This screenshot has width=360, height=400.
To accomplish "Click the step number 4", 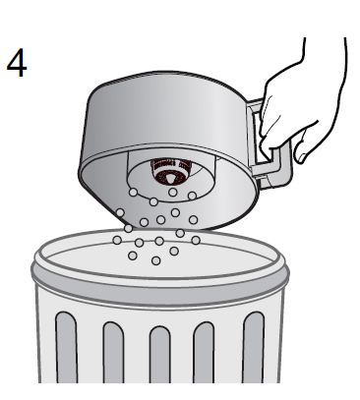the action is pos(17,63).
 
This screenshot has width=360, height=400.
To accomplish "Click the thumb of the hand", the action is pos(304,145).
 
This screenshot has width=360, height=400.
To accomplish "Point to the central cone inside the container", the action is pos(169,178).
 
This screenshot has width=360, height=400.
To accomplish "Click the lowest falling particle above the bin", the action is pos(156,260).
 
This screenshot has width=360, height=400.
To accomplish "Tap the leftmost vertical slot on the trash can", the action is pos(67,347).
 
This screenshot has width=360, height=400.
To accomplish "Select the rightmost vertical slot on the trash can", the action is pos(254,347).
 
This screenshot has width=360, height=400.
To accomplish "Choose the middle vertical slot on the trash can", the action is pos(160,355).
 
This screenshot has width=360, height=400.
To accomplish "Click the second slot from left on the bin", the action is pos(114,353).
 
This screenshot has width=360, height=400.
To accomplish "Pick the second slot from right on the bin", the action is pos(204,353).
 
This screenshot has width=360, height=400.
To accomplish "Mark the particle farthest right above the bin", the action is pos(196,241).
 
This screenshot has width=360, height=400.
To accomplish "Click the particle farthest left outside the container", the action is pos(117,240).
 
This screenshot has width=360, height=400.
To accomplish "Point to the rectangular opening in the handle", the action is pos(267,138).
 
